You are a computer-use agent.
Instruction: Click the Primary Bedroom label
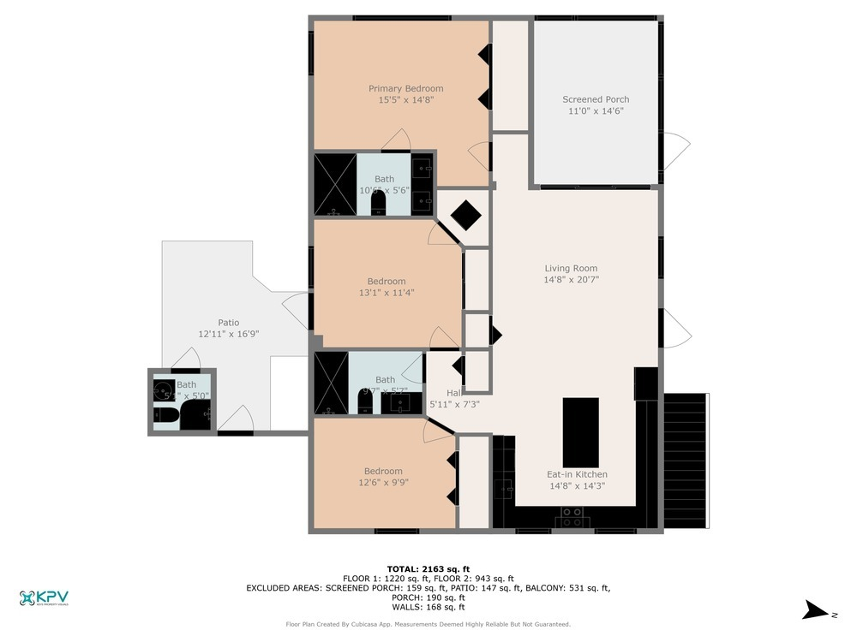coord(405,88)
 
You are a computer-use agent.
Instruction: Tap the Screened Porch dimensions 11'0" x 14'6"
coord(596,110)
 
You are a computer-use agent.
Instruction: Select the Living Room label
coord(571,268)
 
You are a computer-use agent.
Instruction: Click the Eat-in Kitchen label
coord(577,474)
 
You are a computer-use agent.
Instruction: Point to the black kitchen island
coord(580,431)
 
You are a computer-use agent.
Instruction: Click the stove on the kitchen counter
coord(572,517)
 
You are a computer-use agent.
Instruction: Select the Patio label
coord(228,323)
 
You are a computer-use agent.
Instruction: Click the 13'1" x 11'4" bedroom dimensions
coord(387,293)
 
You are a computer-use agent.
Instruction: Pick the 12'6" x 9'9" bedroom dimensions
coord(382,482)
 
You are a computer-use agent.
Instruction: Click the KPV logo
coord(44,598)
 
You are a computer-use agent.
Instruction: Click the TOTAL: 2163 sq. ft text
coord(428,568)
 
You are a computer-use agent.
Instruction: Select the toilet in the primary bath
coord(379,203)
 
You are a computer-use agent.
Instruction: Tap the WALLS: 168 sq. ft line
coord(428,607)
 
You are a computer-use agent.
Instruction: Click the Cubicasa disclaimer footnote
coord(428,624)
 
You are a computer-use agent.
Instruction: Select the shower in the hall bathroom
coord(331,383)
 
